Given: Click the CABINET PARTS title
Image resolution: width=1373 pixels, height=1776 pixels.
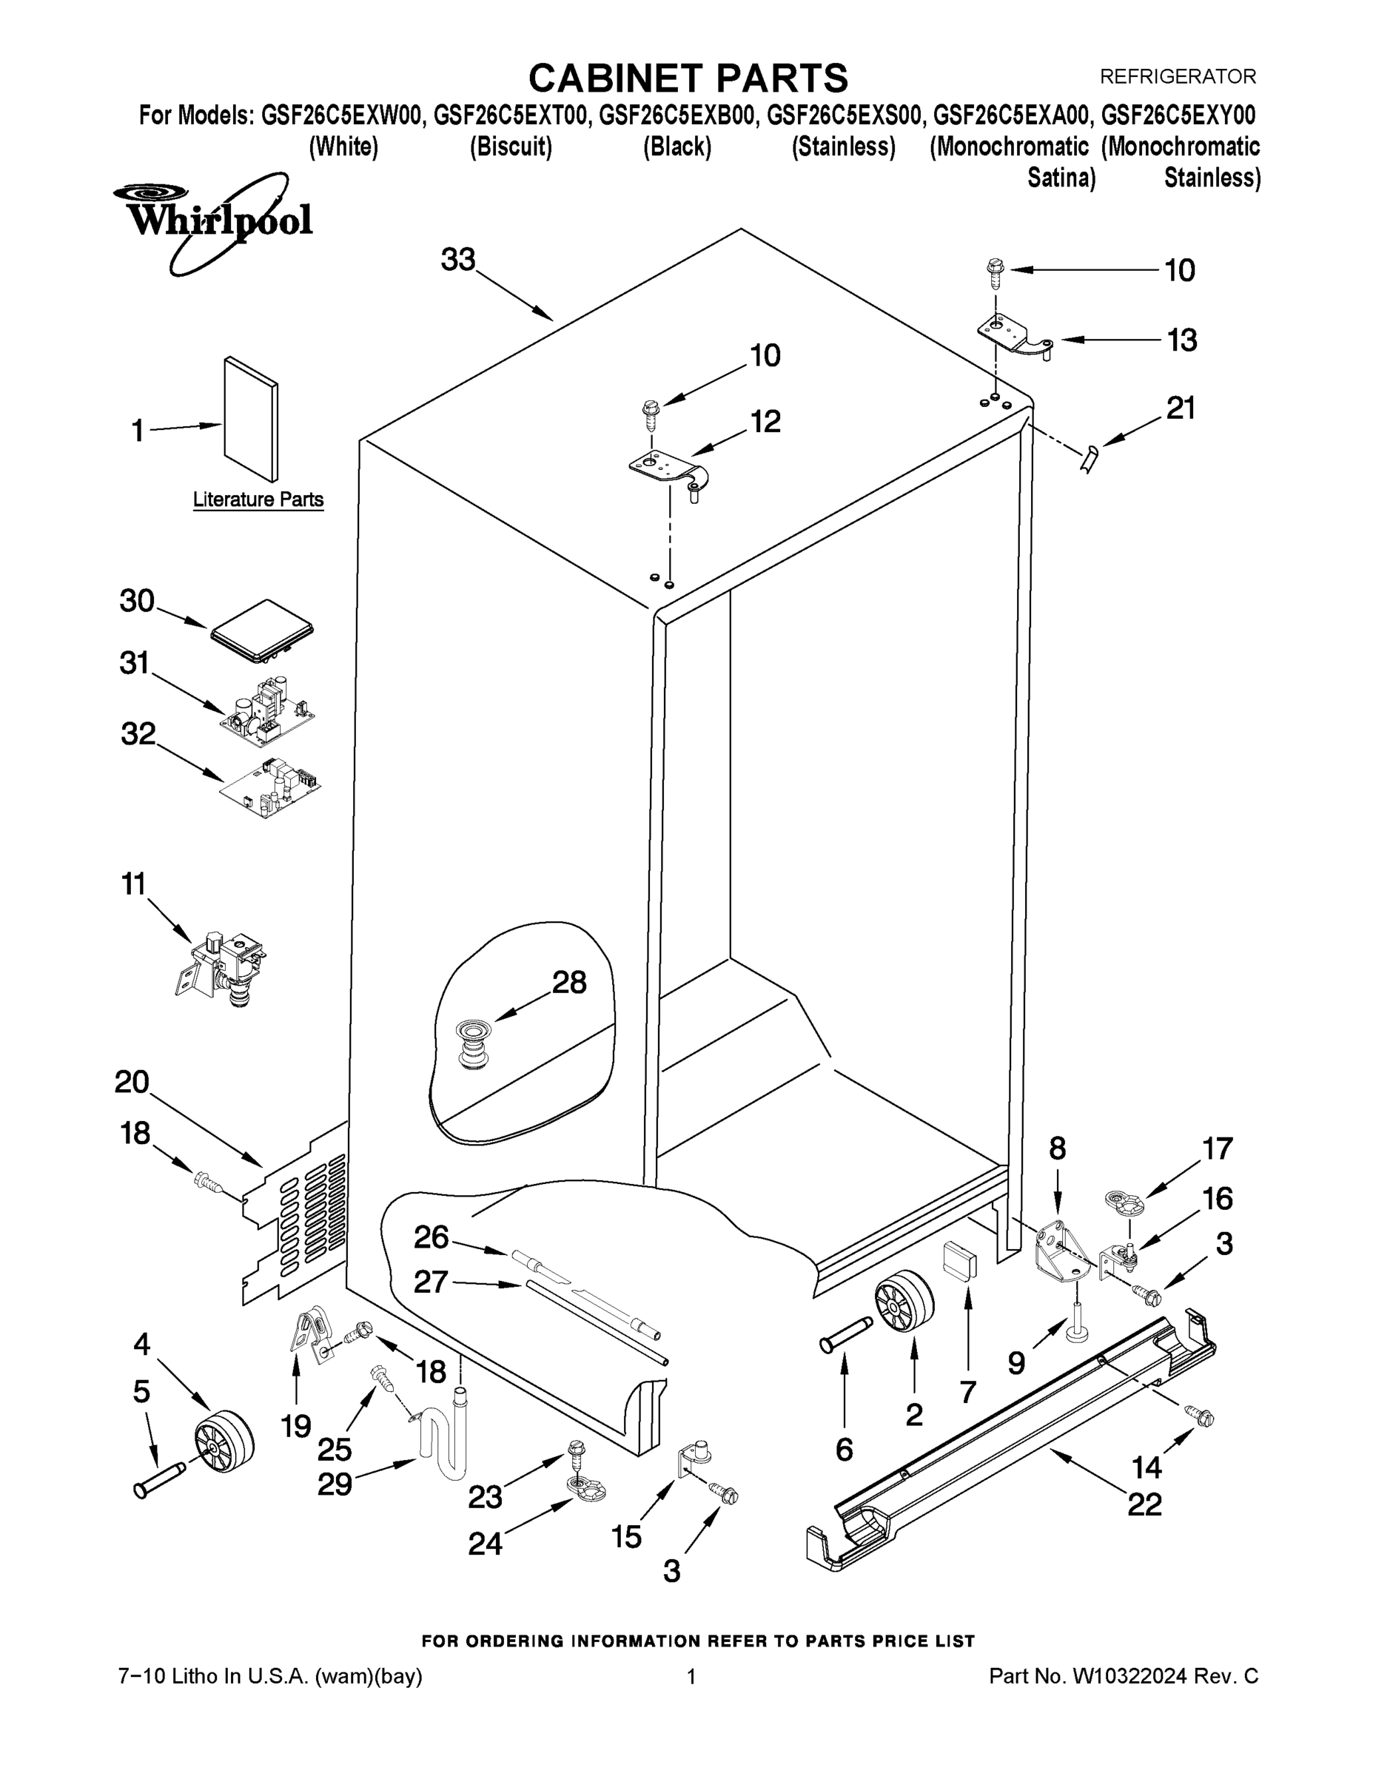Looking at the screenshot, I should point(688,79).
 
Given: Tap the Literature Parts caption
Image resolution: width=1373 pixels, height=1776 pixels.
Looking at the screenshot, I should point(258,499).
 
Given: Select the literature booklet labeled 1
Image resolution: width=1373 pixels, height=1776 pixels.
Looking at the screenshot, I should point(252,420).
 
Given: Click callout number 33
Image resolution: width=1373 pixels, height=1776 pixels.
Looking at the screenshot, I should point(457,260).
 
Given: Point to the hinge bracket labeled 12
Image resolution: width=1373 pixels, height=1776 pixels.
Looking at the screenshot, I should point(669,471).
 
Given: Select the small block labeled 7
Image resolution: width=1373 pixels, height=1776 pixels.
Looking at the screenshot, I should point(960,1259).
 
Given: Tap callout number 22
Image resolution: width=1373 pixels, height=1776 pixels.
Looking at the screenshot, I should point(1144,1504).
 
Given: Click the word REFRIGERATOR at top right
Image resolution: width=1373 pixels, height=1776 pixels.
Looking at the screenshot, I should point(1178,76).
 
